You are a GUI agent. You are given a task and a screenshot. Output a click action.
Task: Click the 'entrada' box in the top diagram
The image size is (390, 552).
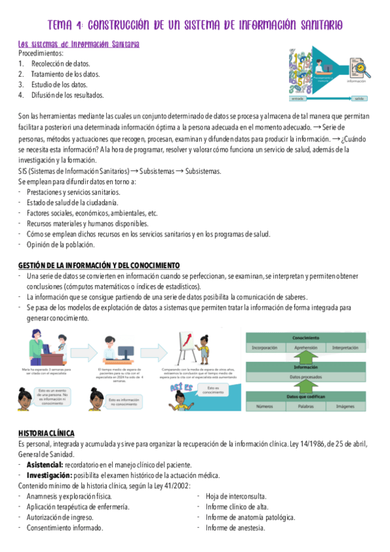pos(298,99)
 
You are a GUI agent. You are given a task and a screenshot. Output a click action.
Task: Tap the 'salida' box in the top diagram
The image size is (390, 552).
pos(359,99)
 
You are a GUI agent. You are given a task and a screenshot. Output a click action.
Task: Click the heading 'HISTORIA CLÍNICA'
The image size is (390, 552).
pos(46,434)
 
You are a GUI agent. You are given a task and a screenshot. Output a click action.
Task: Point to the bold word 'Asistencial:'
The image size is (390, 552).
pos(45,465)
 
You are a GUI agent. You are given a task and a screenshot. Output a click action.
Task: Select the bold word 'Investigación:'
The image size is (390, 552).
pos(49,475)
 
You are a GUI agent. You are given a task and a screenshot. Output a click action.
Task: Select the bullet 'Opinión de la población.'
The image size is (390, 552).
pos(61,245)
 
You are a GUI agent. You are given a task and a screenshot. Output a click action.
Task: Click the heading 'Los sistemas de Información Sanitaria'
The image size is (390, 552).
pos(79,44)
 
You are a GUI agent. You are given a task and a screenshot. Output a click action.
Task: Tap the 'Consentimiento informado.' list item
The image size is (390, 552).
pos(64,528)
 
